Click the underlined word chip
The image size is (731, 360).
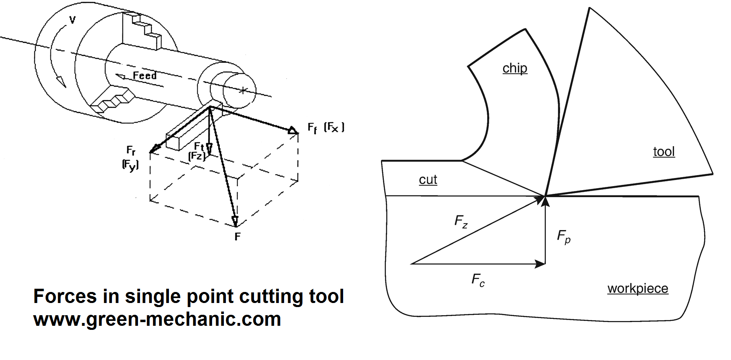click(x=515, y=68)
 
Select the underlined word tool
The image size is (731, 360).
click(x=664, y=152)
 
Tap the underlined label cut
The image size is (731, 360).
click(x=428, y=180)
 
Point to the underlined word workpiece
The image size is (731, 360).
click(x=638, y=288)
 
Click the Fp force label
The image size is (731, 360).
click(x=564, y=237)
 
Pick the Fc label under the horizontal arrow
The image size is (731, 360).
click(x=478, y=280)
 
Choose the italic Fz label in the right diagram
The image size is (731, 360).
click(x=461, y=222)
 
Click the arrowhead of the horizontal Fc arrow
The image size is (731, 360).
click(x=541, y=264)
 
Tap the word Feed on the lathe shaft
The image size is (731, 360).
click(x=144, y=76)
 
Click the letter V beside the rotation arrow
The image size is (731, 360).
click(x=72, y=20)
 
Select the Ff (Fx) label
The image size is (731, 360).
click(x=326, y=128)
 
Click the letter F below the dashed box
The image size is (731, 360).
click(x=238, y=237)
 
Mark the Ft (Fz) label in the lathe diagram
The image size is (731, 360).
click(x=198, y=151)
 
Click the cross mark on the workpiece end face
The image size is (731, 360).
click(x=243, y=90)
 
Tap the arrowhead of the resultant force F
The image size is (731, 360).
click(x=235, y=221)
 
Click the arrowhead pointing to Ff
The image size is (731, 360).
click(x=293, y=131)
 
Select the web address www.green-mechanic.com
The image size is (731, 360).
click(x=157, y=319)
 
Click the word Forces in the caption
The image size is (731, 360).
click(x=65, y=296)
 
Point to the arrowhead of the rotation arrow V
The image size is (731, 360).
click(x=61, y=81)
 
